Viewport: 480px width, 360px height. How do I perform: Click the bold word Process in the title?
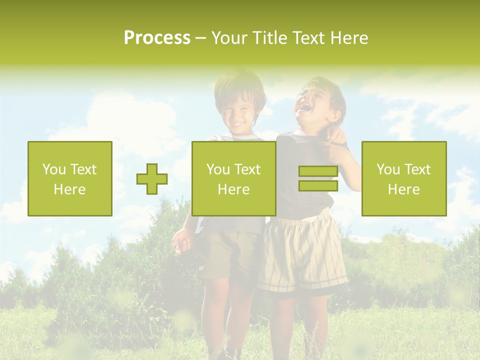(157, 38)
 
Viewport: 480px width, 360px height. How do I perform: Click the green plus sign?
(152, 179)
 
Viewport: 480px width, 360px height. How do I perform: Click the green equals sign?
(318, 178)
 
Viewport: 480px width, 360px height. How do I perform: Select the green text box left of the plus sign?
(70, 178)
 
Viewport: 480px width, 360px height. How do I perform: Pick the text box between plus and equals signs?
(234, 178)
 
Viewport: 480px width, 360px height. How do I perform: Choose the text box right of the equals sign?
(404, 178)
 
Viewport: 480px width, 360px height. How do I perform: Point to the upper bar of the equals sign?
(318, 171)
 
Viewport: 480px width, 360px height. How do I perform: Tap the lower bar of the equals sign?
(318, 186)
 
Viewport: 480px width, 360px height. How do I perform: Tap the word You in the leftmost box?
(53, 169)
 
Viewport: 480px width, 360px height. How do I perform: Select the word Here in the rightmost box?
(404, 189)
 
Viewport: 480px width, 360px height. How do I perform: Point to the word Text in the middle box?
(248, 169)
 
